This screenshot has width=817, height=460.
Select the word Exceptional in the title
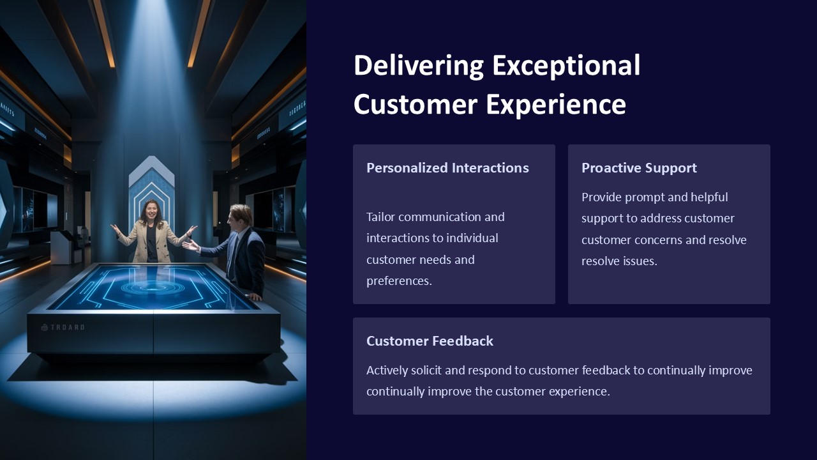(x=566, y=66)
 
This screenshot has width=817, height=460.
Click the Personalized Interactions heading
(x=447, y=168)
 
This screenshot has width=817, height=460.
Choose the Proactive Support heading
(x=639, y=168)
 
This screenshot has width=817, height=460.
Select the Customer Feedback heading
(x=430, y=341)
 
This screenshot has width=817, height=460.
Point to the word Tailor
(x=380, y=217)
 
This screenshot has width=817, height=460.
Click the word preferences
(x=398, y=281)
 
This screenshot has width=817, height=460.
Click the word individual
(x=472, y=238)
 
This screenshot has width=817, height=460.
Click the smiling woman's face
(x=152, y=210)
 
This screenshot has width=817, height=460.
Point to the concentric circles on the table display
(x=153, y=287)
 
